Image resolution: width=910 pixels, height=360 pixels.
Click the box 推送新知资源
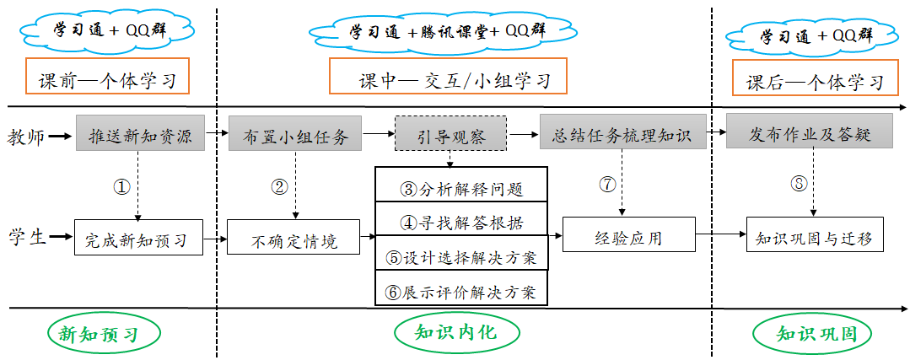(140, 133)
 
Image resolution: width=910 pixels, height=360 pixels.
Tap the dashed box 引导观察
(450, 133)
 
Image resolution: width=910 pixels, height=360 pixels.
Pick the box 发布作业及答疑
(809, 133)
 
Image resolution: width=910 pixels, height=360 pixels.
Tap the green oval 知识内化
(455, 332)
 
